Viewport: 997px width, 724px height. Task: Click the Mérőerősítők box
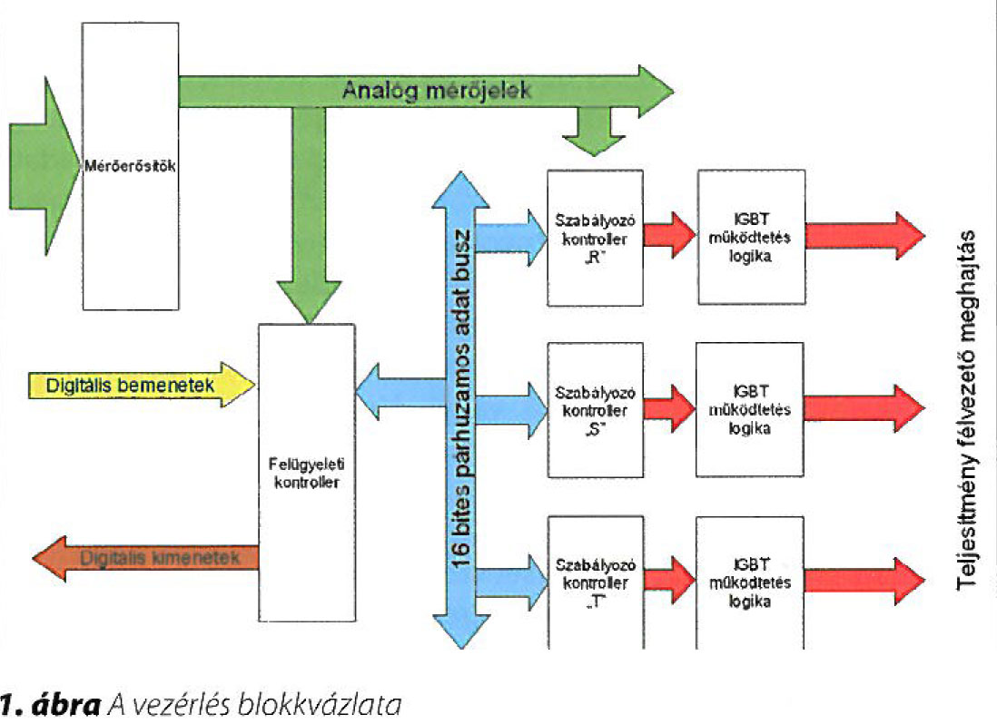129,167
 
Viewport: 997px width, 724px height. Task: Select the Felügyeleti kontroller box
306,472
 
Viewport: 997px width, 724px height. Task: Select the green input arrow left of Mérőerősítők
44,167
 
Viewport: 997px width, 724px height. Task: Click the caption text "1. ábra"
50,703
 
